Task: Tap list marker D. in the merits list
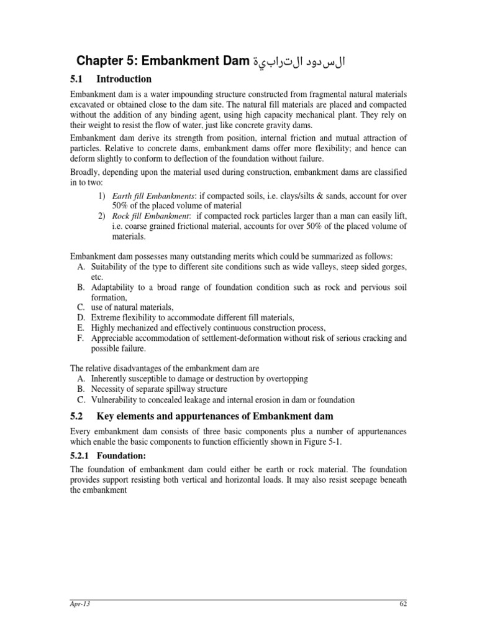tap(81, 317)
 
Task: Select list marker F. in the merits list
tap(81, 338)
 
